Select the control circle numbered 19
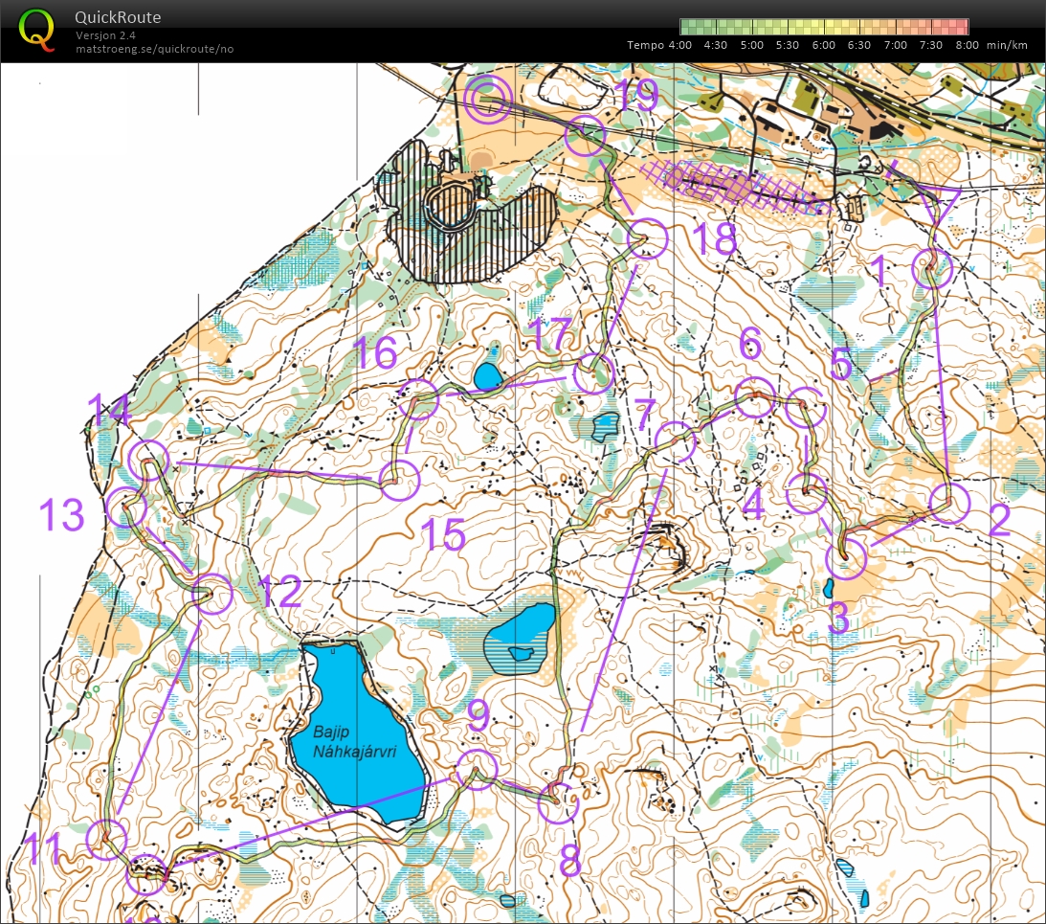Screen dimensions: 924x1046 pos(586,136)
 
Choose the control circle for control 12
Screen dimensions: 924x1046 pos(212,594)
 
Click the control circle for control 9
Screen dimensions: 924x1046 pos(477,770)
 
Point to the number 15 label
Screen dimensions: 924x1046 pos(444,534)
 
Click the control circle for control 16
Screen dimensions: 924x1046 pos(418,399)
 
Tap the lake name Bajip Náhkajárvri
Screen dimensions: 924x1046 pos(368,742)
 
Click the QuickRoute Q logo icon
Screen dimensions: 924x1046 pos(37,28)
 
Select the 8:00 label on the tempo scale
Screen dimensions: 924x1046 pos(967,45)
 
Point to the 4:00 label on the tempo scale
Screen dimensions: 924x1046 pos(679,45)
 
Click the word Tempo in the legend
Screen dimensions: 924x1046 pos(646,45)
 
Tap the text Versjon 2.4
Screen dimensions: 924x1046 pos(106,35)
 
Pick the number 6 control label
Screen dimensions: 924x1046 pos(750,342)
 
